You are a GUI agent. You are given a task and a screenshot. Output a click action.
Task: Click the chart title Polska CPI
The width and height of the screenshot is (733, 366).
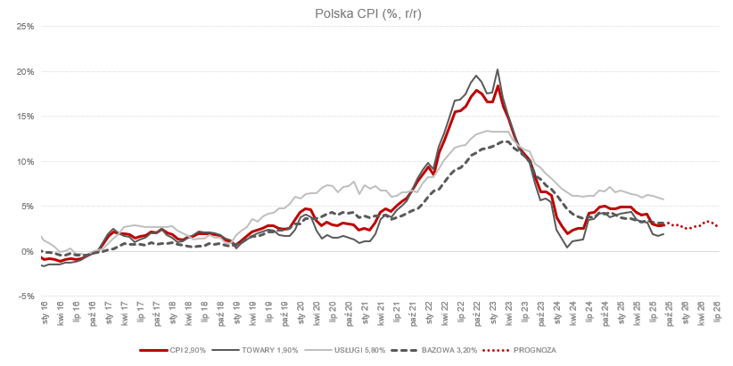(366, 12)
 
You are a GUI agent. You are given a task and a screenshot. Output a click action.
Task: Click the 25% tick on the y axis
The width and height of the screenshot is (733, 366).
(24, 26)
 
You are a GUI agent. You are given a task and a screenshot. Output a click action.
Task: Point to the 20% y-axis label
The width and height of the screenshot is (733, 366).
(24, 71)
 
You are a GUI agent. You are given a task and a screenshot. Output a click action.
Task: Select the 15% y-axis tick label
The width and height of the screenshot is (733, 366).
(24, 116)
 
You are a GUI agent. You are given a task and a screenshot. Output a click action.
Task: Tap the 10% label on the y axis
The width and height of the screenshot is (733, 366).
(24, 161)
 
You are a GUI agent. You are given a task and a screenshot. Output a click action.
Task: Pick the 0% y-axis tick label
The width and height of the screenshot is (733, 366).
(27, 251)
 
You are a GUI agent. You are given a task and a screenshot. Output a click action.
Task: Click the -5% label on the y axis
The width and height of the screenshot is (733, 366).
(25, 297)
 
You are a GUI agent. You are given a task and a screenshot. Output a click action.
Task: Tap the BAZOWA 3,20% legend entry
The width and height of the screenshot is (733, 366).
(439, 350)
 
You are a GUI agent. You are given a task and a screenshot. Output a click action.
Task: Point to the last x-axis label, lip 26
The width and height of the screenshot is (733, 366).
(717, 312)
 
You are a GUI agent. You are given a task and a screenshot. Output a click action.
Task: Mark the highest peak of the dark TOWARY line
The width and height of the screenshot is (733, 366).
(497, 69)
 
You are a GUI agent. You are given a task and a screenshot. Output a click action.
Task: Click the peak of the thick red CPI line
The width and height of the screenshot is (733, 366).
(498, 85)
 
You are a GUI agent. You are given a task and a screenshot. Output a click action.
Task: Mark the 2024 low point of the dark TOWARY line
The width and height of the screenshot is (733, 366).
(567, 247)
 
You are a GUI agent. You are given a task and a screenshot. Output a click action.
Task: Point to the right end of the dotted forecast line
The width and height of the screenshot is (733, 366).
(717, 226)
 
